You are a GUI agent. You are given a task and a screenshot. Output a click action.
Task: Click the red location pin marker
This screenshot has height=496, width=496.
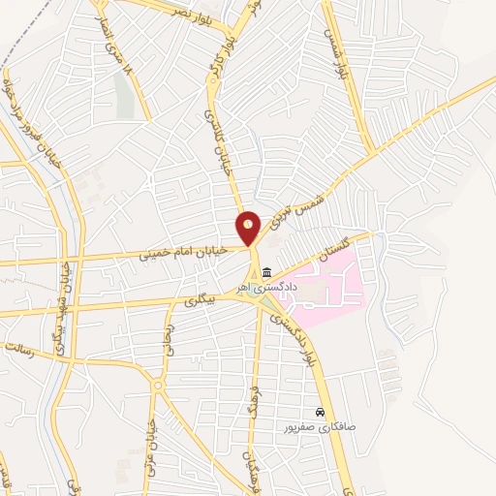click(x=248, y=228)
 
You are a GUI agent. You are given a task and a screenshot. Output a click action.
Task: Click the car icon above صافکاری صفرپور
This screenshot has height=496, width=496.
click(x=320, y=412)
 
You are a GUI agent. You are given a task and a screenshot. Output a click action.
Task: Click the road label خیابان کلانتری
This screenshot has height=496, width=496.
click(x=212, y=155)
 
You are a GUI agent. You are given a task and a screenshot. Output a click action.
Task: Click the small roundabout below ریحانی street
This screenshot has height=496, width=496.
click(x=157, y=386)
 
